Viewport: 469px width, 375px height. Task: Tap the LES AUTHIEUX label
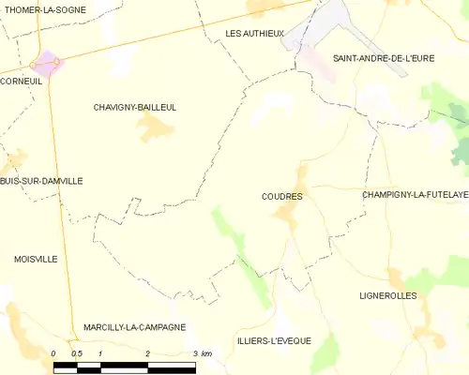pos(254,34)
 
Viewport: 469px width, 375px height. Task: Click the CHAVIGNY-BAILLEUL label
pos(135,108)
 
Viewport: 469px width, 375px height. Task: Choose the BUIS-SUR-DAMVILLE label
pos(41,181)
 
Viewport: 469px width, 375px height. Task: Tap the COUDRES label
pos(282,197)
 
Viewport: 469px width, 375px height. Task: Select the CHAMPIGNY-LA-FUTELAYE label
pos(415,195)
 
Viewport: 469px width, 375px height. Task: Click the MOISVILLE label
pos(36,258)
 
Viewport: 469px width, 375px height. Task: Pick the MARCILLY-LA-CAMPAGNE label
pos(134,327)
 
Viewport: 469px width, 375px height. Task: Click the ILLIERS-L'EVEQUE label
pos(274,340)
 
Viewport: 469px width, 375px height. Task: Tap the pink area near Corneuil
pos(44,64)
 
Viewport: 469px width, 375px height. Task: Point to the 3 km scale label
pos(203,353)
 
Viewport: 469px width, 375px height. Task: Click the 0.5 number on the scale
pos(77,353)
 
